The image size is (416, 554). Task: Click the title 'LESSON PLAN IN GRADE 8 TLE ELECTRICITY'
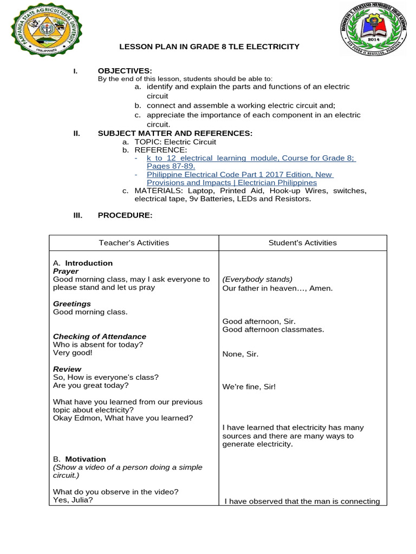209,47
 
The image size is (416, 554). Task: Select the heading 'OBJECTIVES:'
125,71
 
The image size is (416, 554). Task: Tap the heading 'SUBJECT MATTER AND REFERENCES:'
174,134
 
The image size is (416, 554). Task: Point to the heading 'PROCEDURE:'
125,215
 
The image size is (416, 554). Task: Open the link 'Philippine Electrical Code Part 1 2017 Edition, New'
240,175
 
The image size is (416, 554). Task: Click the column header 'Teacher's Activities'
134,243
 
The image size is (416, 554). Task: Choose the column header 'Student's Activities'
302,243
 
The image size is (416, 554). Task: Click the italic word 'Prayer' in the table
66,272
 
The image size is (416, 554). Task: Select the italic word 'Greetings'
72,304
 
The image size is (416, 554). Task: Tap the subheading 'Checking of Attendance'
100,337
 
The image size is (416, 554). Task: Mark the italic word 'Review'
67,370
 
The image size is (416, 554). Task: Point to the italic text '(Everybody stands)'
257,280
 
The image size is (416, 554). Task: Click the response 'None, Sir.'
240,354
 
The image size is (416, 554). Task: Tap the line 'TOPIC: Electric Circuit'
175,142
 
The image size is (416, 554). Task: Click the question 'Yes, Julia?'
73,500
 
